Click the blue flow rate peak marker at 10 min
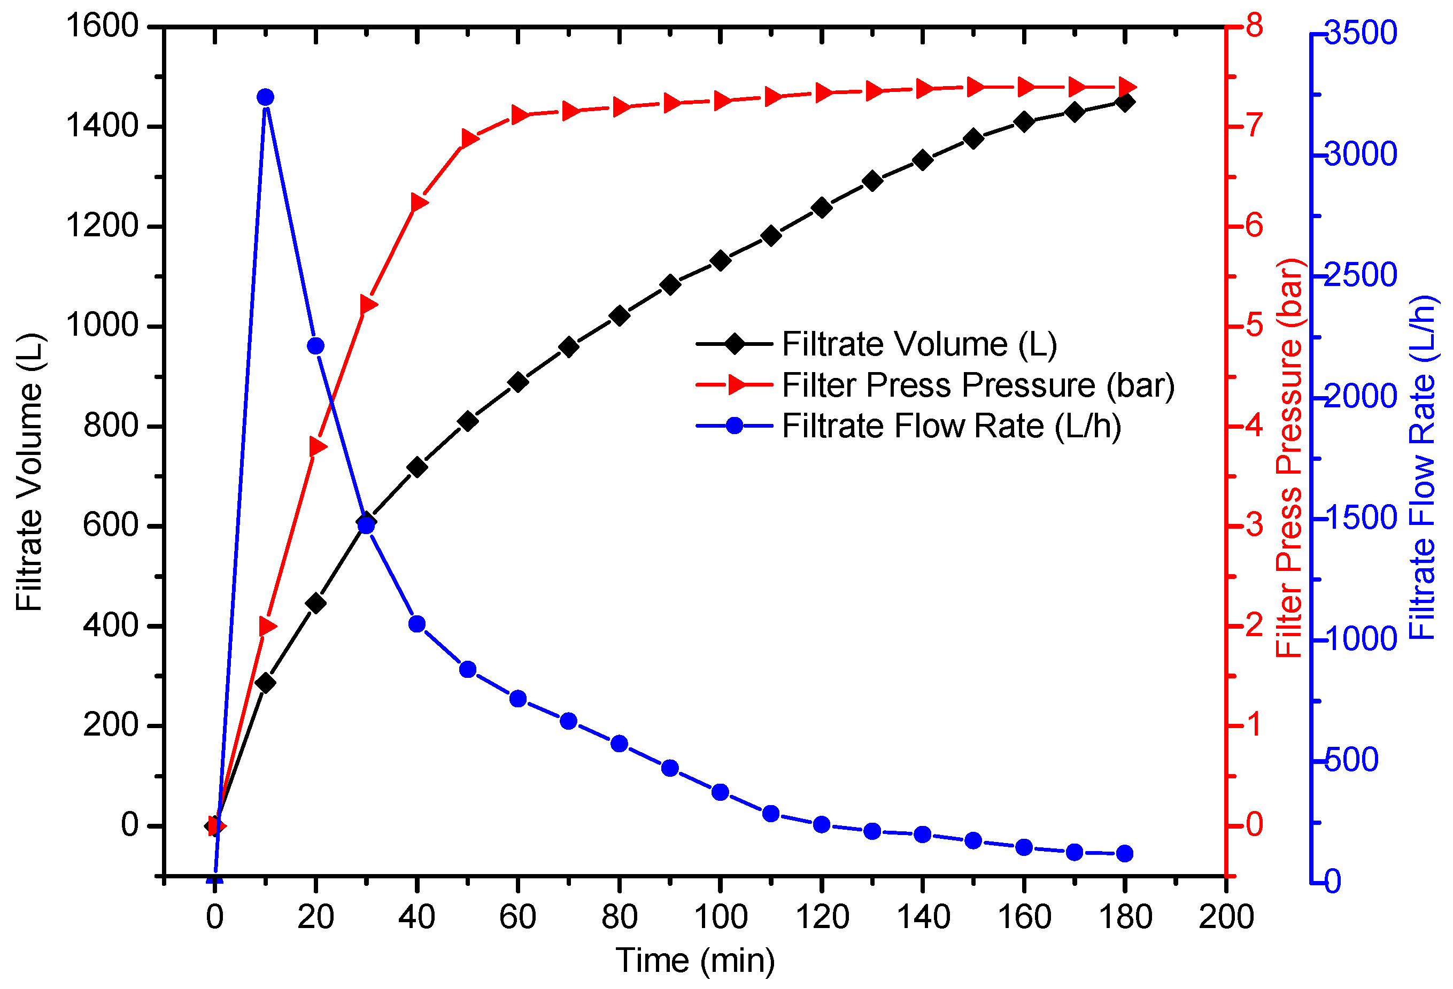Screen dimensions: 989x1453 (265, 97)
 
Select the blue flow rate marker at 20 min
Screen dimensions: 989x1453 (316, 346)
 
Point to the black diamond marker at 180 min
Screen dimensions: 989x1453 (1125, 103)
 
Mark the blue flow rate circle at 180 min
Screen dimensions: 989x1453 (1125, 853)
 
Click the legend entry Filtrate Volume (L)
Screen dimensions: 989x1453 (919, 344)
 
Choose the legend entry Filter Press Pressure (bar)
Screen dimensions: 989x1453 (978, 385)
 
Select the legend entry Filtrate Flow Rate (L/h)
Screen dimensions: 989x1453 (951, 427)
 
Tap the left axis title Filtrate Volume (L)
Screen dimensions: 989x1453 (29, 473)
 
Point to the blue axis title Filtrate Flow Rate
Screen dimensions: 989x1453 (1423, 468)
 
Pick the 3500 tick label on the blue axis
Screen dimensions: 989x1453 (1361, 33)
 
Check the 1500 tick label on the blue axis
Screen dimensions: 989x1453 (1361, 517)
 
